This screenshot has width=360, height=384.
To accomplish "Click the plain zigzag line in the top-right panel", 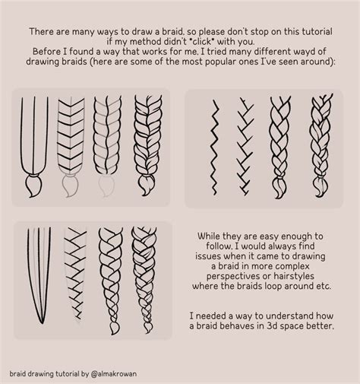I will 215,138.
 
